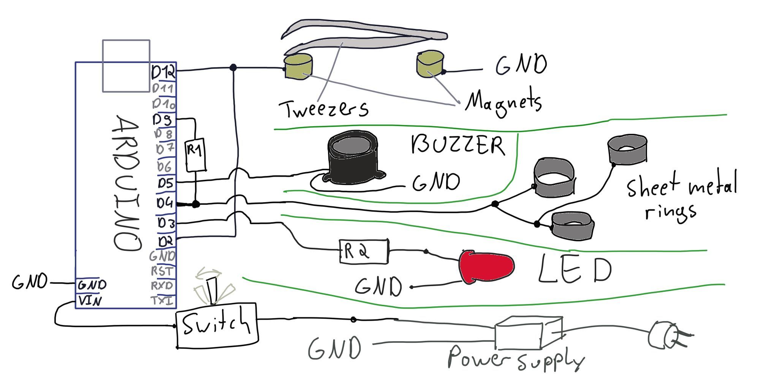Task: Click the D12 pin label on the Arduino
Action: click(x=163, y=71)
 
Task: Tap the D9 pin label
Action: click(x=162, y=120)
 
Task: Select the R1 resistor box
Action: click(x=195, y=155)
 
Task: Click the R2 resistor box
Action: click(x=364, y=251)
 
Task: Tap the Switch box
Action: click(x=217, y=325)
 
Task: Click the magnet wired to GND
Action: click(x=430, y=64)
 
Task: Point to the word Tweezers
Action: click(x=323, y=109)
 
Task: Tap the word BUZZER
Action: click(x=458, y=145)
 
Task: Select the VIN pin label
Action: click(x=90, y=301)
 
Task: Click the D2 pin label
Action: click(x=166, y=241)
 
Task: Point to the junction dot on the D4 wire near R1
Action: click(x=196, y=204)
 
